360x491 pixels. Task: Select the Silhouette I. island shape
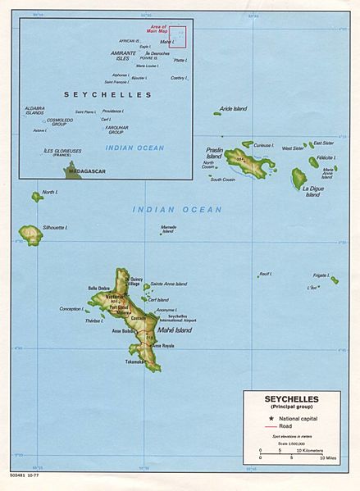(31, 235)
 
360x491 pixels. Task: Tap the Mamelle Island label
(168, 229)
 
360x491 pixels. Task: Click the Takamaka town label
(135, 361)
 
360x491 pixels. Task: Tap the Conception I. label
(71, 309)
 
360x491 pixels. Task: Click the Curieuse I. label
(263, 144)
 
